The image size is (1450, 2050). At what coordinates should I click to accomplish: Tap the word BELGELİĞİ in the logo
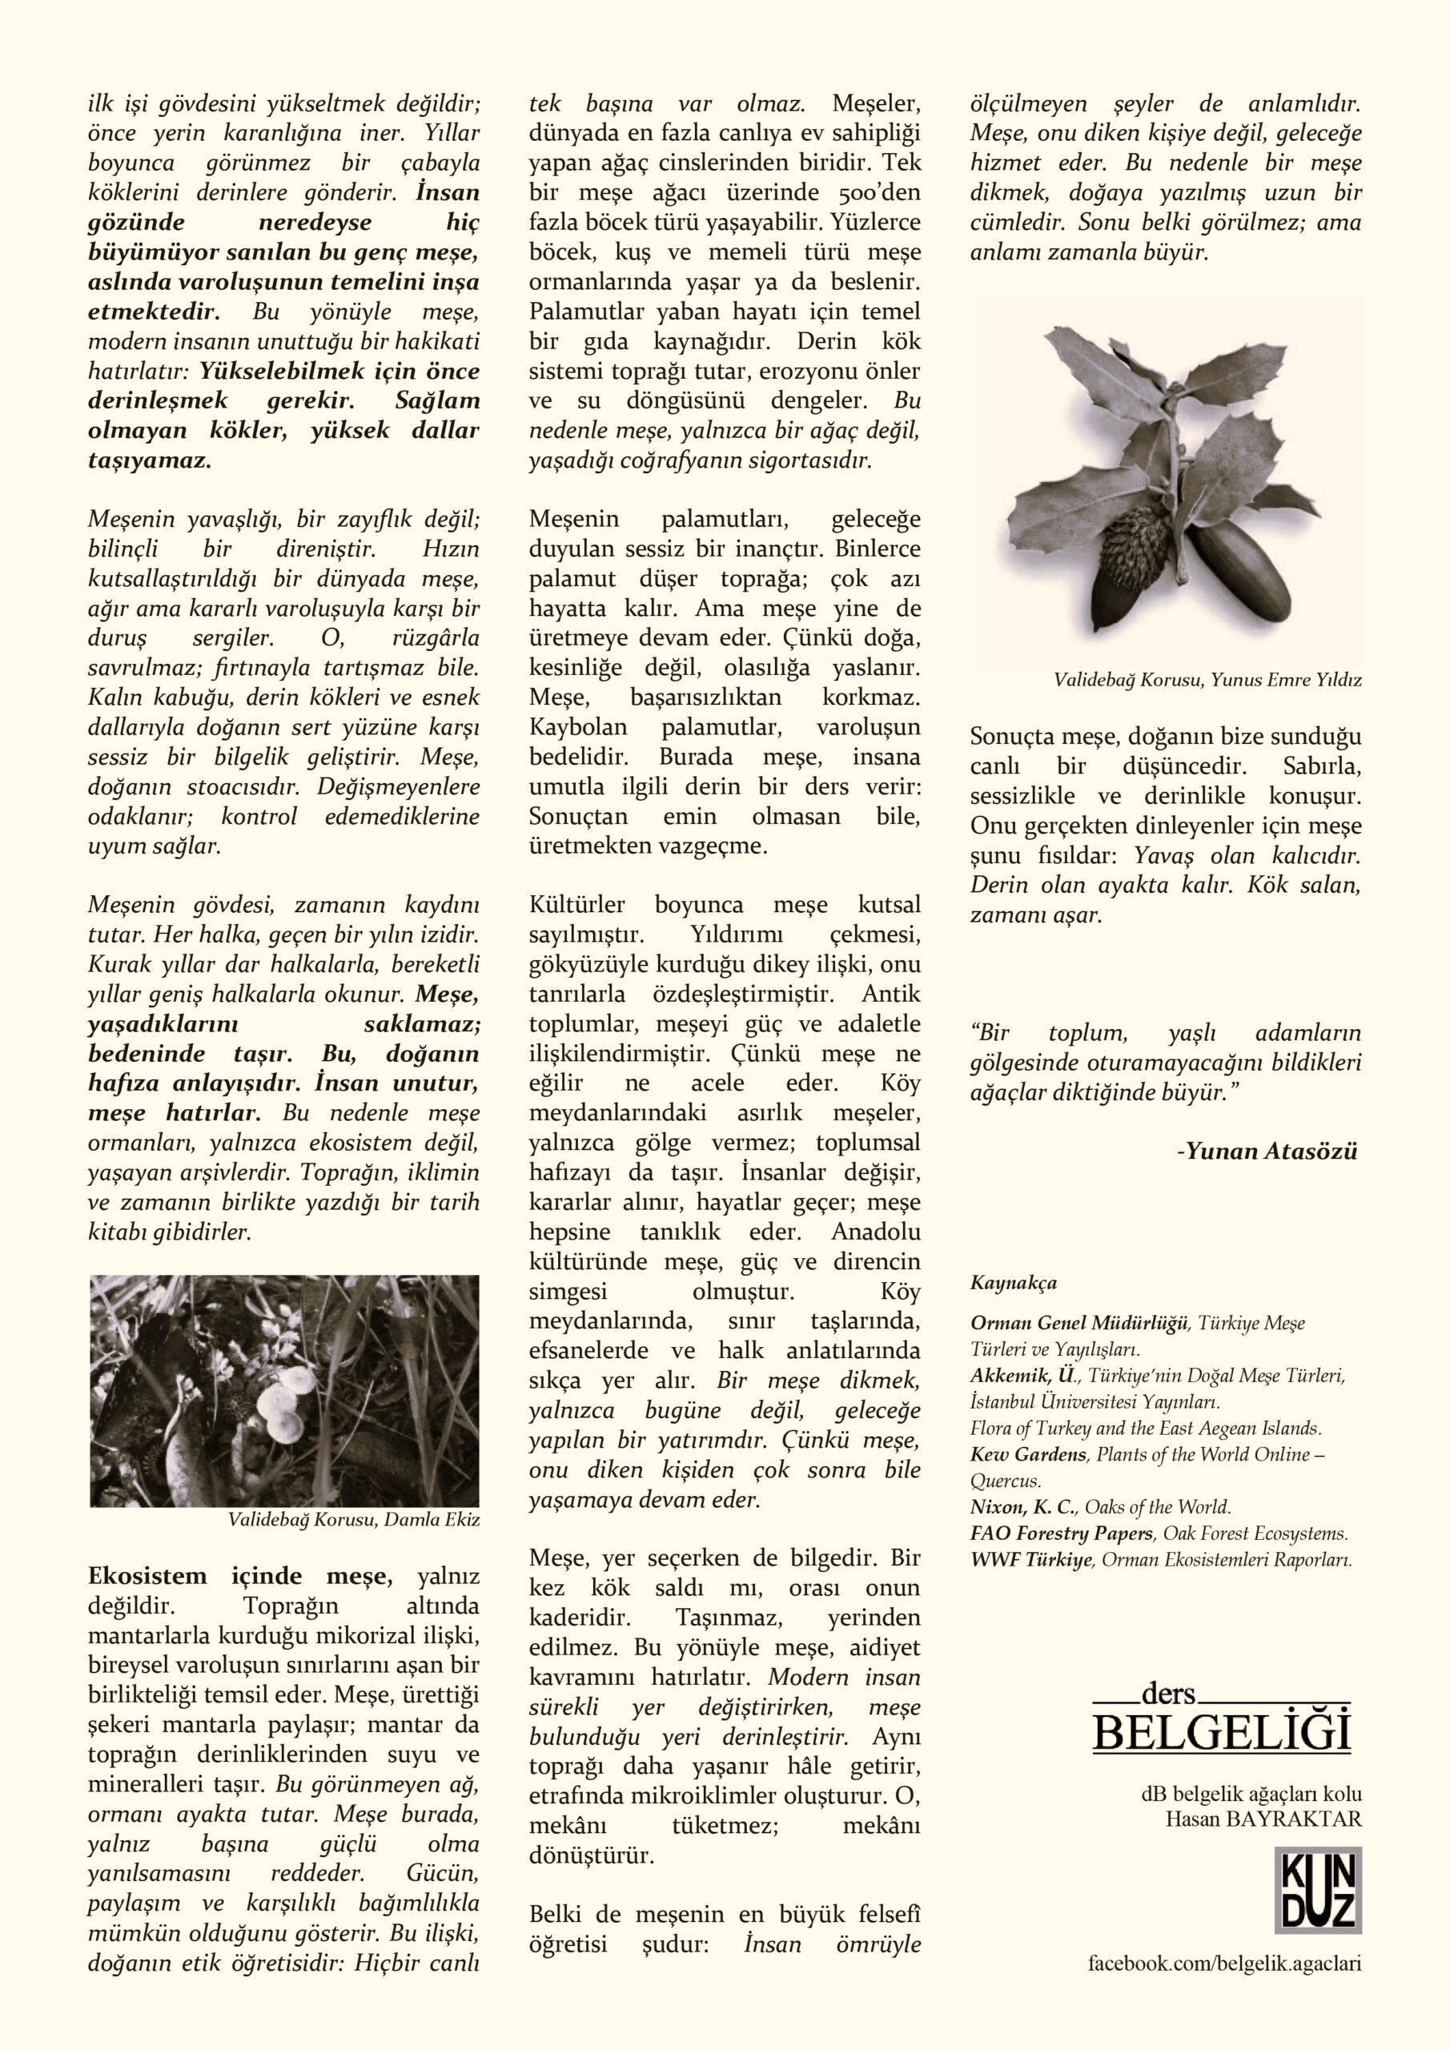[1222, 1733]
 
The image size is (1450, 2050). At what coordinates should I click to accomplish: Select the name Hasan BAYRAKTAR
[1263, 1819]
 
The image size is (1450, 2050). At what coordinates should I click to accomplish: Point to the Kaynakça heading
[1014, 1283]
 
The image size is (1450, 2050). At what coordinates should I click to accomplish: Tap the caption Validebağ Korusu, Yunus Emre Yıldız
[1207, 681]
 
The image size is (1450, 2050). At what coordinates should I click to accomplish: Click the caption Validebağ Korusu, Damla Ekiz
[354, 1519]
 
